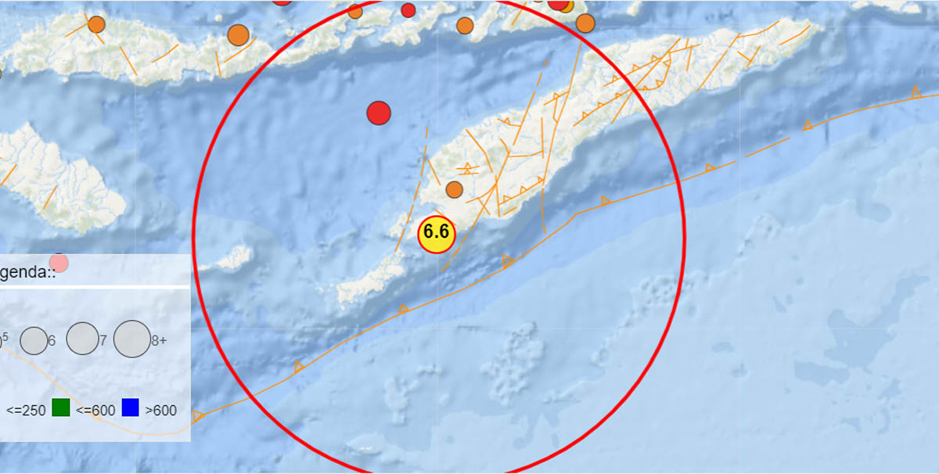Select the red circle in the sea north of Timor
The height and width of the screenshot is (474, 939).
pyautogui.click(x=379, y=113)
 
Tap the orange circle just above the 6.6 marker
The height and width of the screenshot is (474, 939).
pyautogui.click(x=454, y=189)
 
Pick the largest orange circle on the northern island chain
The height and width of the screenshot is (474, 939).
pyautogui.click(x=238, y=35)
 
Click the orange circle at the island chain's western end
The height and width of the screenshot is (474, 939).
pyautogui.click(x=96, y=24)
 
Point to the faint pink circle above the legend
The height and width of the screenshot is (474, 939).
pyautogui.click(x=59, y=263)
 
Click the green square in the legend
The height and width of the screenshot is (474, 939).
pyautogui.click(x=61, y=408)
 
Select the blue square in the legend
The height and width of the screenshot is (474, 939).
pyautogui.click(x=130, y=408)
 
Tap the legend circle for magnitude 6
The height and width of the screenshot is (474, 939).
pyautogui.click(x=33, y=340)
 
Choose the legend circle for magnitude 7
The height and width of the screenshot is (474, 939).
pyautogui.click(x=81, y=339)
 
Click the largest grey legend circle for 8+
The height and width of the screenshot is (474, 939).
pyautogui.click(x=131, y=339)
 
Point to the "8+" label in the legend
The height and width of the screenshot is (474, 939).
pyautogui.click(x=159, y=341)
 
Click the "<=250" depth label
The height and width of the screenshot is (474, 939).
pyautogui.click(x=26, y=410)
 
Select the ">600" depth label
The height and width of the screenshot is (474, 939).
pyautogui.click(x=161, y=410)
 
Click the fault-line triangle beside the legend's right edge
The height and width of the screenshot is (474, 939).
pyautogui.click(x=197, y=416)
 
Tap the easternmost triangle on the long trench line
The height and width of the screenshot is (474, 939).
pyautogui.click(x=915, y=93)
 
